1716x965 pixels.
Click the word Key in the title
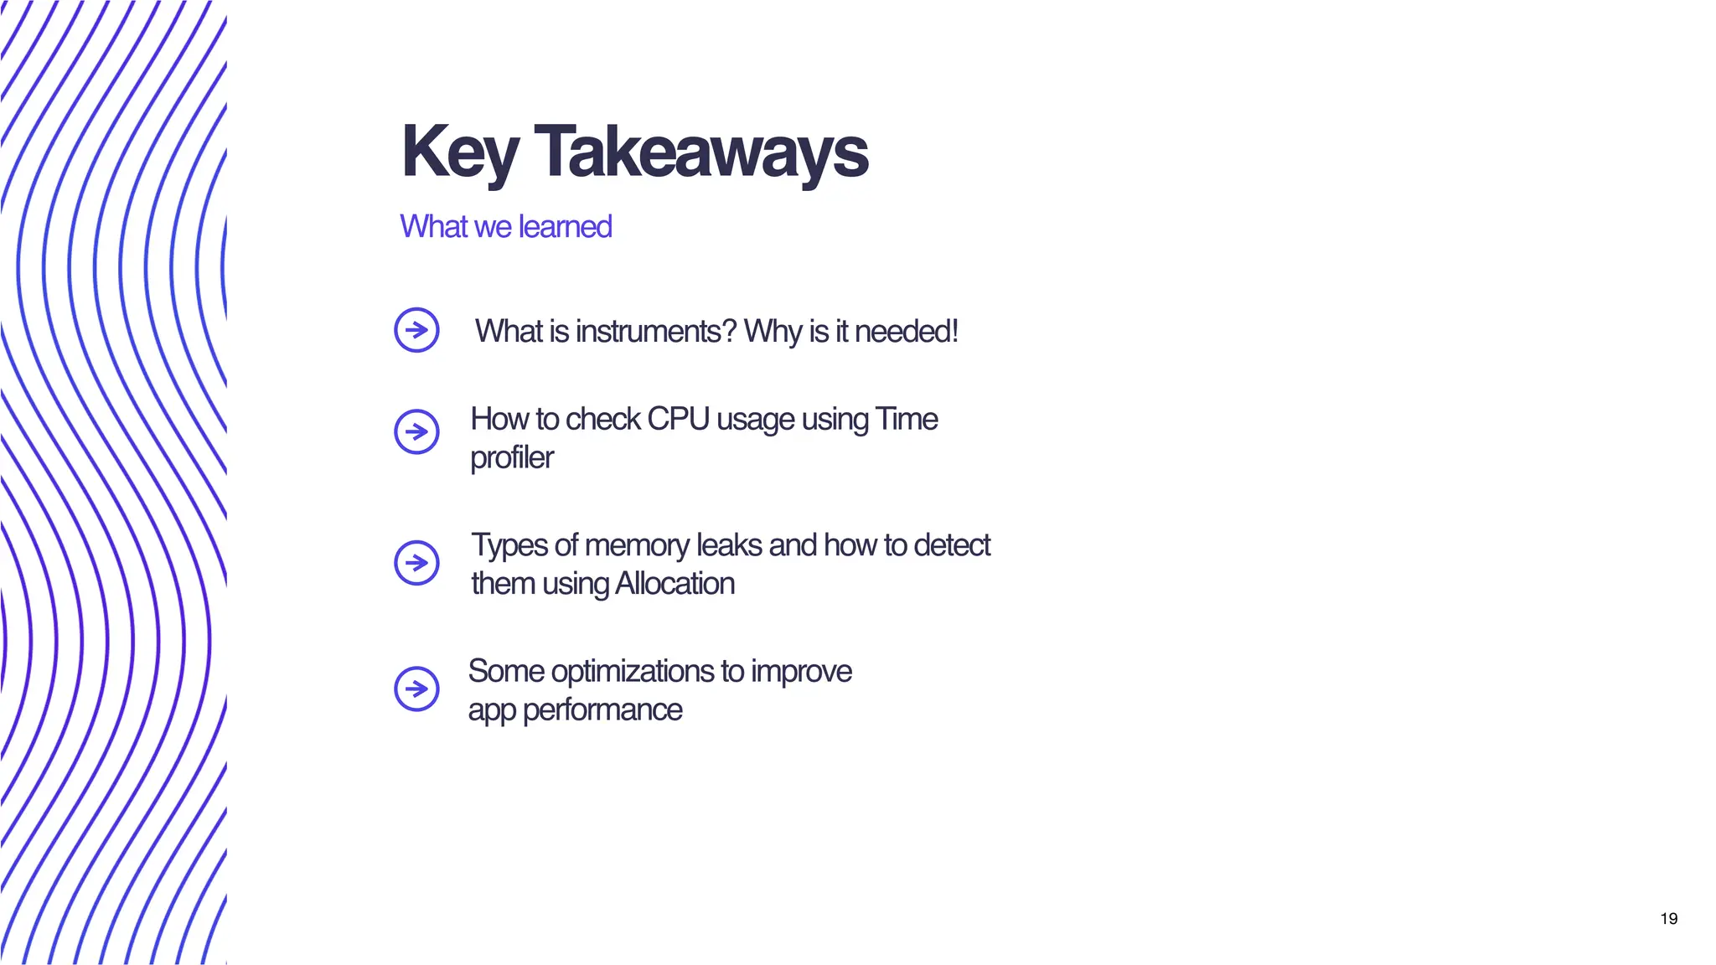[459, 153]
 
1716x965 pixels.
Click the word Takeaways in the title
[700, 153]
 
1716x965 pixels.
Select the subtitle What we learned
[505, 227]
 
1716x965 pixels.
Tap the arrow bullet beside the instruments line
[416, 330]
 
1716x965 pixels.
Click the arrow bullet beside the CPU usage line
[416, 432]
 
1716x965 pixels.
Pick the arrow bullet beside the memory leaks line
[416, 563]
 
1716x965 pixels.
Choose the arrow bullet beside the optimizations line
[416, 689]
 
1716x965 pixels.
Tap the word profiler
[511, 458]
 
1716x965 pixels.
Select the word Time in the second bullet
[906, 419]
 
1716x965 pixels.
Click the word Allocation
[675, 584]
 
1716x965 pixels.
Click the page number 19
[1668, 919]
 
